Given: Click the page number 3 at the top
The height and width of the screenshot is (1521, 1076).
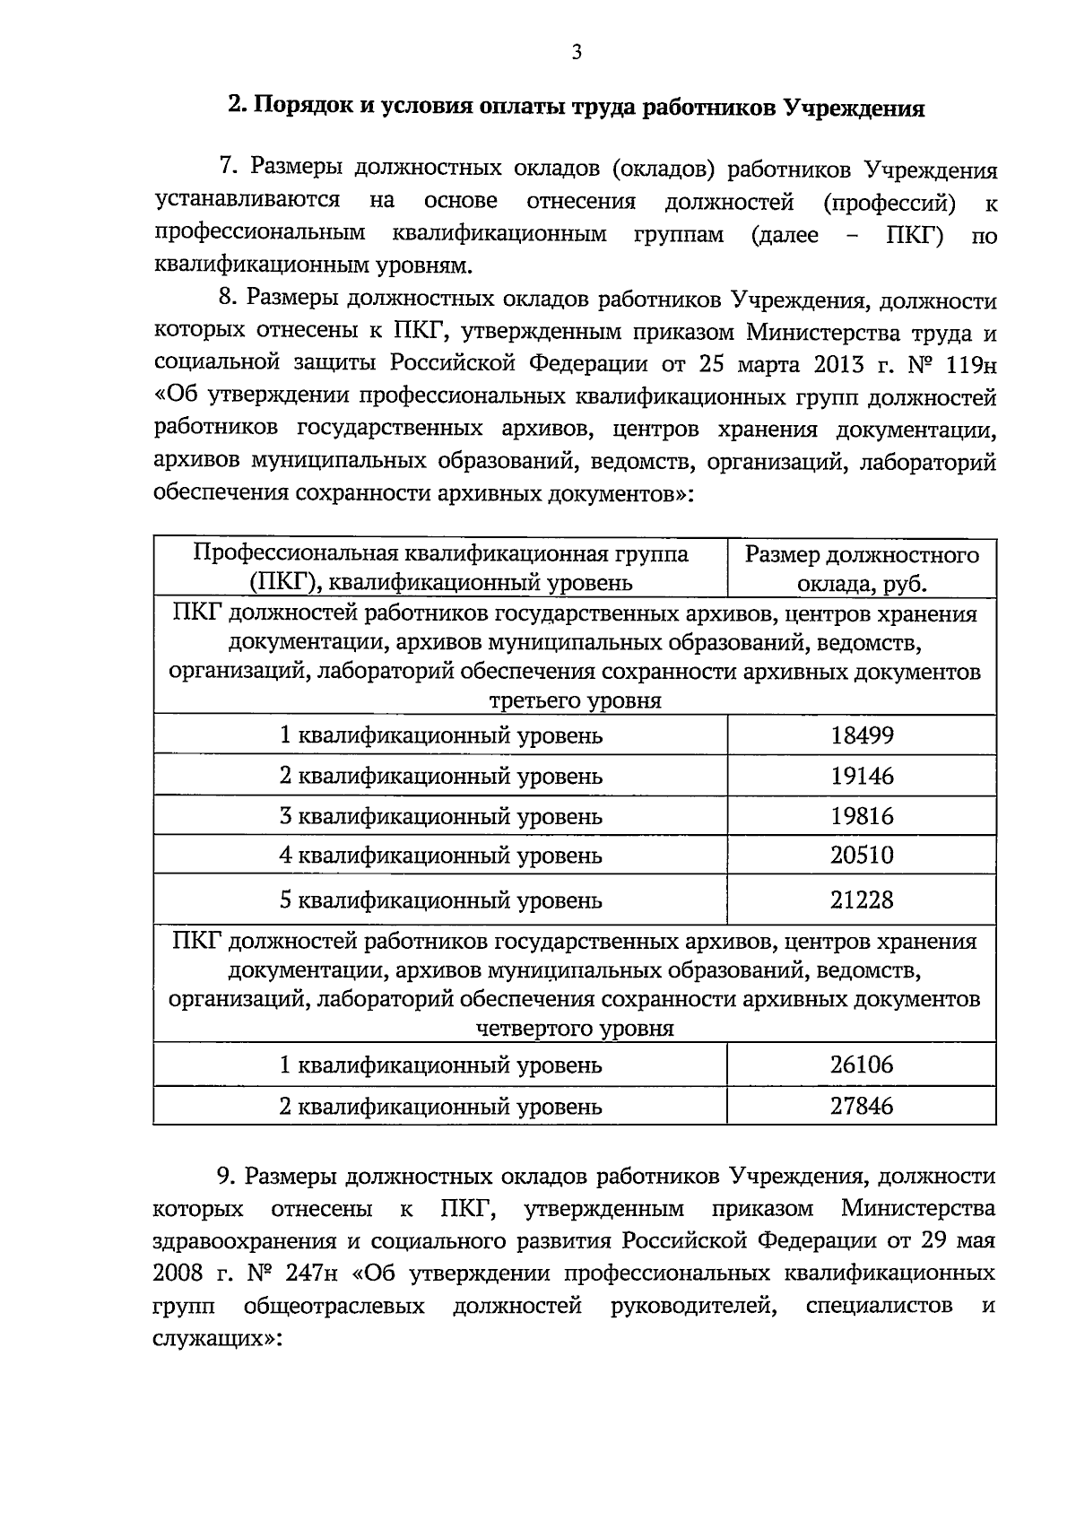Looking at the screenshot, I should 577,53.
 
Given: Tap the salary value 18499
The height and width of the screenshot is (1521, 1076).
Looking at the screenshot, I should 862,735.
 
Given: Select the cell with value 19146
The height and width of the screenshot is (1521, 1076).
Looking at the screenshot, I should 862,776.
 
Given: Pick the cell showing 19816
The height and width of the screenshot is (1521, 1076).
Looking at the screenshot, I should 862,816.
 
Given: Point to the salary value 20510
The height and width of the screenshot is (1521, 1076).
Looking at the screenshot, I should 862,856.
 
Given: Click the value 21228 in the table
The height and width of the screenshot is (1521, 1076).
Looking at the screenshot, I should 862,900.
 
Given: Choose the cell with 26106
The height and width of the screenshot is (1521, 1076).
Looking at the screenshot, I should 862,1065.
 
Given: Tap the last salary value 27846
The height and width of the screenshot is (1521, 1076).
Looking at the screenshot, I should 862,1106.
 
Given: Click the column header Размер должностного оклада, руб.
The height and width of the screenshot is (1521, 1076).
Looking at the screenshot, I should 862,569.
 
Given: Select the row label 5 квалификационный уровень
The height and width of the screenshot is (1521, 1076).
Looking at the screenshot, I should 440,900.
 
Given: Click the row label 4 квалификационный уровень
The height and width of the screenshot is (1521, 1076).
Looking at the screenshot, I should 440,856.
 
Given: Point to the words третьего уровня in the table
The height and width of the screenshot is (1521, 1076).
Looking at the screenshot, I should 574,700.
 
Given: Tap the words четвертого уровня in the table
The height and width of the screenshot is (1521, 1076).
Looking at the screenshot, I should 574,1029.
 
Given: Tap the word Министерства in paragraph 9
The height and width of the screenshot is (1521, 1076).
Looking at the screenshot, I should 918,1209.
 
